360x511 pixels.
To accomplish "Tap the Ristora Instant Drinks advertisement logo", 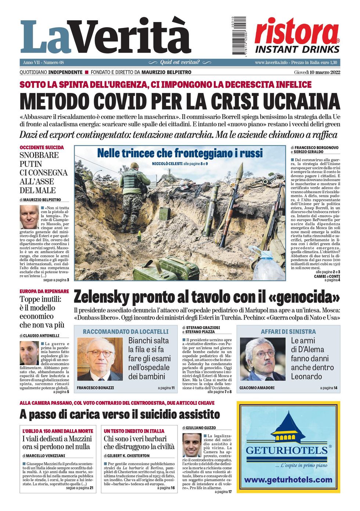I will click(x=297, y=36).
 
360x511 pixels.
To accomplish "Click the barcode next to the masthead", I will click(x=239, y=36).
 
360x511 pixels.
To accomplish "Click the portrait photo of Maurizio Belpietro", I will click(x=29, y=217).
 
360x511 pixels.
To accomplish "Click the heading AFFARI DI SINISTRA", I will click(x=288, y=331).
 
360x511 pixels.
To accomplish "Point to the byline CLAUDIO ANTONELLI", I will click(x=41, y=336).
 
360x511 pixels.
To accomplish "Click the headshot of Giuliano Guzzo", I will click(x=192, y=445).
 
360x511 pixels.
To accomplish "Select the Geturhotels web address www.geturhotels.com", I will click(x=288, y=480).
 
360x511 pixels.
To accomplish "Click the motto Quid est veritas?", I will click(x=180, y=62).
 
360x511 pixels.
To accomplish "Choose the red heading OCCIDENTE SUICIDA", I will click(x=42, y=147).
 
